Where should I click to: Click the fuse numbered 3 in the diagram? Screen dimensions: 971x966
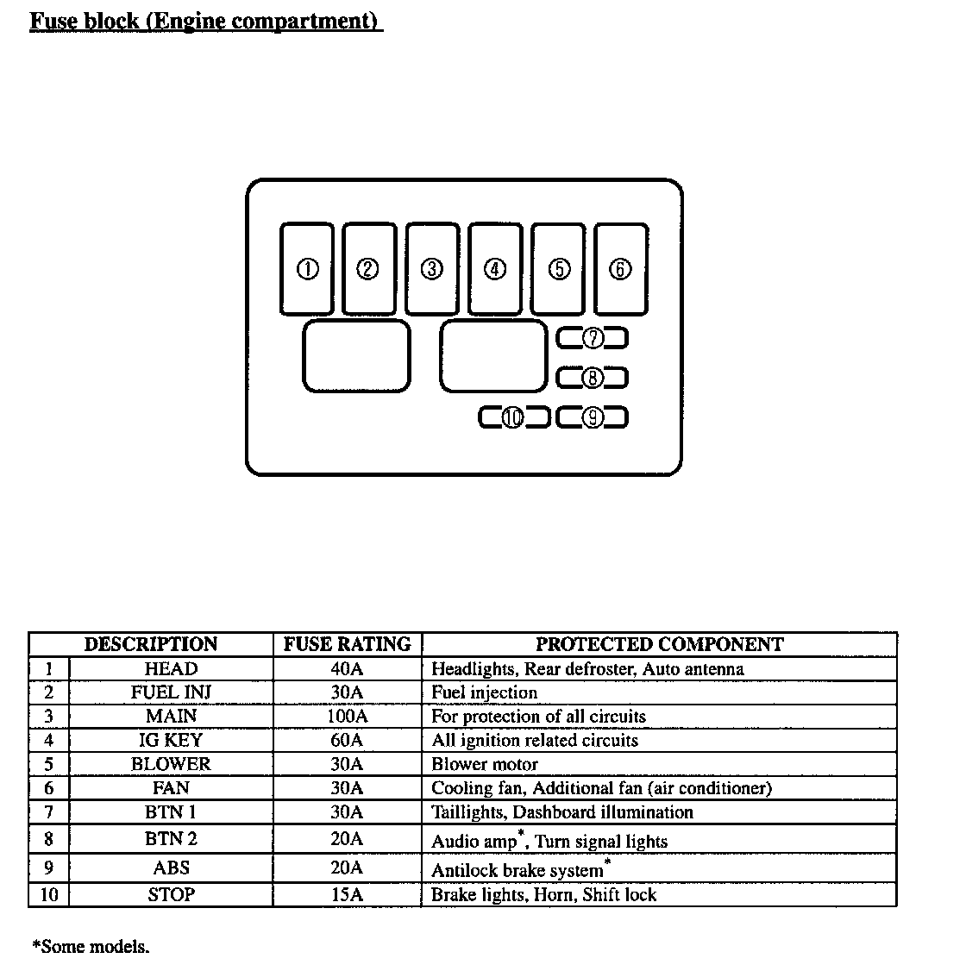click(x=432, y=269)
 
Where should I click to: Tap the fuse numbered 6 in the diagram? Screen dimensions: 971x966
click(x=620, y=269)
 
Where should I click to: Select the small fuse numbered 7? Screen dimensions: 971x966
click(x=593, y=338)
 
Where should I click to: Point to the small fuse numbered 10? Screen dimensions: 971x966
click(x=514, y=418)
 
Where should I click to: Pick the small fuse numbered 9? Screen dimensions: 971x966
click(x=593, y=418)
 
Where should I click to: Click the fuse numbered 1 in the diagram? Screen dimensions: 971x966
click(x=307, y=269)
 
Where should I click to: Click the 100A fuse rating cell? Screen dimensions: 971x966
click(x=347, y=716)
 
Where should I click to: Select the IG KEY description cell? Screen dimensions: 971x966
click(x=171, y=740)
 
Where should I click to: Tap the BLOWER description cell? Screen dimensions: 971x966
click(x=171, y=764)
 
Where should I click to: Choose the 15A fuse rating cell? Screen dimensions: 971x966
click(x=347, y=895)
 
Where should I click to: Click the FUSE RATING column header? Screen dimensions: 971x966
click(x=347, y=644)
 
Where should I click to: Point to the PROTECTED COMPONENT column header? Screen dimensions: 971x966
click(x=659, y=644)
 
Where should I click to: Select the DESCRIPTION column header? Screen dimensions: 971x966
click(x=151, y=644)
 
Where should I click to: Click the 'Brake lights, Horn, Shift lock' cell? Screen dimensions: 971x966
click(x=544, y=895)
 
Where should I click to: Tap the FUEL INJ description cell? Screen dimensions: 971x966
click(x=171, y=692)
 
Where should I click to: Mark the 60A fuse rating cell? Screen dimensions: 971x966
click(x=347, y=740)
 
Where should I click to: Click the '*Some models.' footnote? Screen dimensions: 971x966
click(x=91, y=947)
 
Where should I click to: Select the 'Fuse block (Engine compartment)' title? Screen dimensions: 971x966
click(x=205, y=21)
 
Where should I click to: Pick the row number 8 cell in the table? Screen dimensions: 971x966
click(x=49, y=839)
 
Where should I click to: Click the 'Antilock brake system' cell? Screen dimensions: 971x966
click(x=517, y=870)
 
